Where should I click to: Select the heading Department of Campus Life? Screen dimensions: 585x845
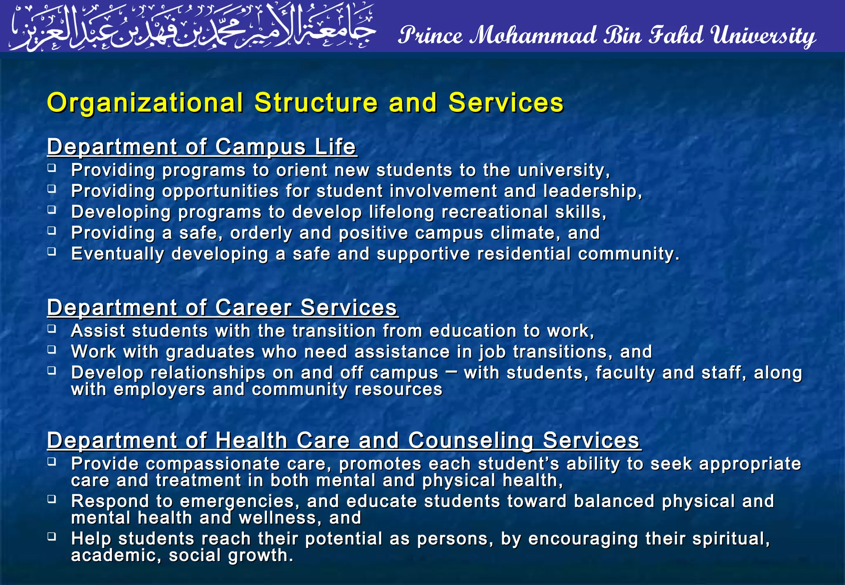click(202, 147)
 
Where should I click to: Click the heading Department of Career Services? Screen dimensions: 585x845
click(222, 308)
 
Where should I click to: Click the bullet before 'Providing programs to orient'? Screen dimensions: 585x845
click(52, 168)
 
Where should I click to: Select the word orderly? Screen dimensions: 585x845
click(261, 234)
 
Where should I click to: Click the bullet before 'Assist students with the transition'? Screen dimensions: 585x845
click(52, 329)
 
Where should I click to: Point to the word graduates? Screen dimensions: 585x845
click(210, 352)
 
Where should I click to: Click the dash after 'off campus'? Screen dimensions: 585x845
click(451, 372)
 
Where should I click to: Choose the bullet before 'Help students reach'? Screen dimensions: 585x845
click(52, 537)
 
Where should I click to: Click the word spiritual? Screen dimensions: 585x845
click(730, 539)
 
